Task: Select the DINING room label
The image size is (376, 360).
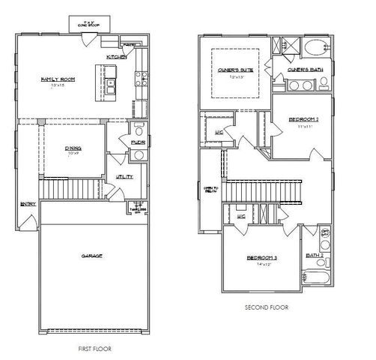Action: point(73,149)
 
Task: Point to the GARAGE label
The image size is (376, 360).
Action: point(91,256)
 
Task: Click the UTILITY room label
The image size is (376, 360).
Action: point(124,177)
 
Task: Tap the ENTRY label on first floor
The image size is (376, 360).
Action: point(27,202)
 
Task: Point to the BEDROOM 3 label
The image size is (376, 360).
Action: point(262,258)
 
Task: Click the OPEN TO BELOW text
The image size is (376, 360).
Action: point(209,190)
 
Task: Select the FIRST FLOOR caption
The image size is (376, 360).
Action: point(95,349)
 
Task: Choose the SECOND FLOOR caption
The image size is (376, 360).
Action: point(267,307)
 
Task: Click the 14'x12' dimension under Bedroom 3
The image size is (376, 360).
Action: point(263,265)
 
